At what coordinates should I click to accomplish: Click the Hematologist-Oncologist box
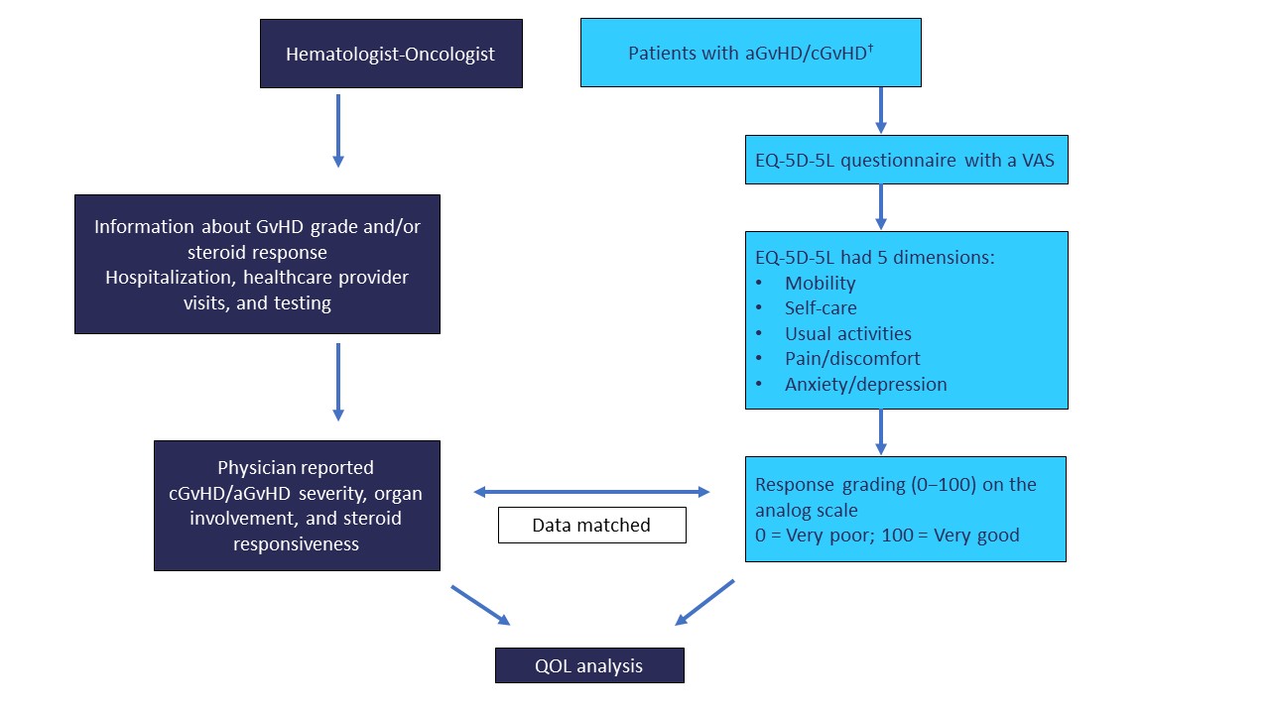point(391,54)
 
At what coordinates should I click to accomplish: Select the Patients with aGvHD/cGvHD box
point(751,53)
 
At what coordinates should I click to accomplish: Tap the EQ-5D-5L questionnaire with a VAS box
point(907,160)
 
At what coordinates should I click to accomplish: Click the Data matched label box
point(592,526)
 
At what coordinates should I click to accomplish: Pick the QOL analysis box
point(589,665)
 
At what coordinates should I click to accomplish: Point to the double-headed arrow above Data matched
point(591,492)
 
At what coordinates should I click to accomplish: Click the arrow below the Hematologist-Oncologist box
point(338,131)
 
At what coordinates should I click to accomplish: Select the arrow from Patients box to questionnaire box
point(880,110)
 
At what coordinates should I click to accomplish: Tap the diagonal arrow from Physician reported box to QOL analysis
point(481,606)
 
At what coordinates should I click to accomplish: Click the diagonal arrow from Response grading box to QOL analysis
point(704,602)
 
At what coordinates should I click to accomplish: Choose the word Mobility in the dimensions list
point(820,283)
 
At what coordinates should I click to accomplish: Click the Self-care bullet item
point(821,307)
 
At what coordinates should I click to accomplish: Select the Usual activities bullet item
point(847,333)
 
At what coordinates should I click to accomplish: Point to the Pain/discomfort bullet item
point(852,359)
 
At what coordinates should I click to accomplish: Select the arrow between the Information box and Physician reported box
point(338,382)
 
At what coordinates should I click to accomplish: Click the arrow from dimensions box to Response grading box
point(880,431)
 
